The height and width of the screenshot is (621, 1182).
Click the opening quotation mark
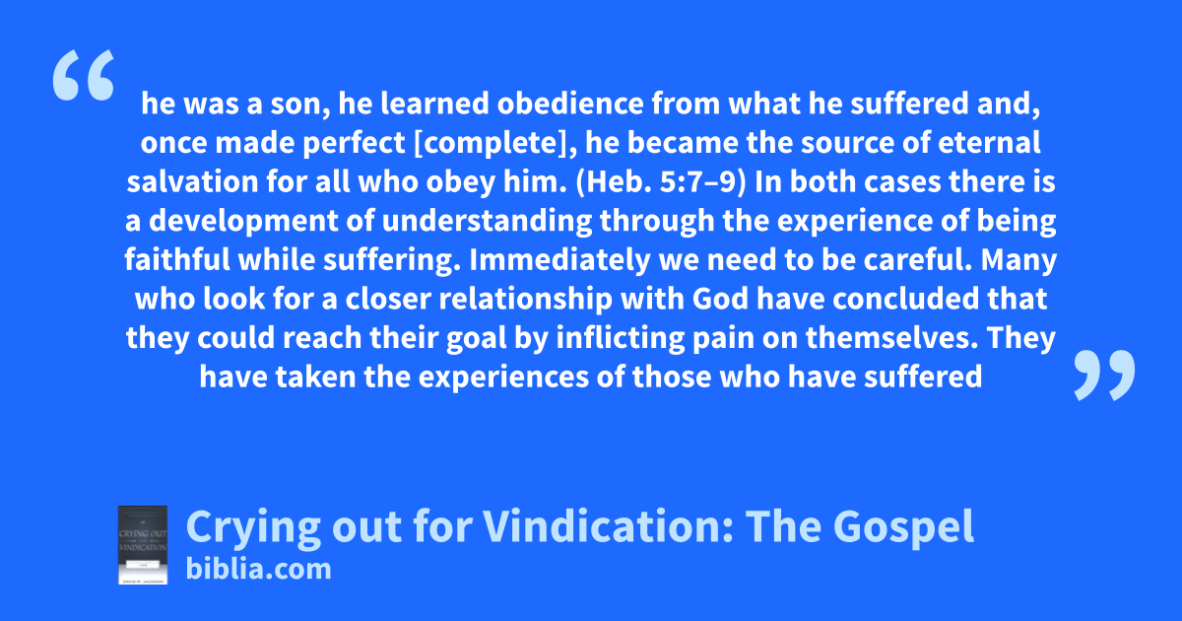click(84, 75)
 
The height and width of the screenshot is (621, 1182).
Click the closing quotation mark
click(1104, 375)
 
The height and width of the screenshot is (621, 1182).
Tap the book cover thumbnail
click(143, 545)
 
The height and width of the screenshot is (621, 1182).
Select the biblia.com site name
click(258, 570)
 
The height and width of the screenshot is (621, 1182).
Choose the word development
click(243, 222)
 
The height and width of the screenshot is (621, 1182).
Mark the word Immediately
click(559, 260)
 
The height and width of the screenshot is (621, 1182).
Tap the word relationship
click(526, 300)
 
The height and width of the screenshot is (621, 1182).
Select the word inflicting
click(621, 338)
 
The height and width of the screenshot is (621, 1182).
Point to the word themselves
click(891, 338)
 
